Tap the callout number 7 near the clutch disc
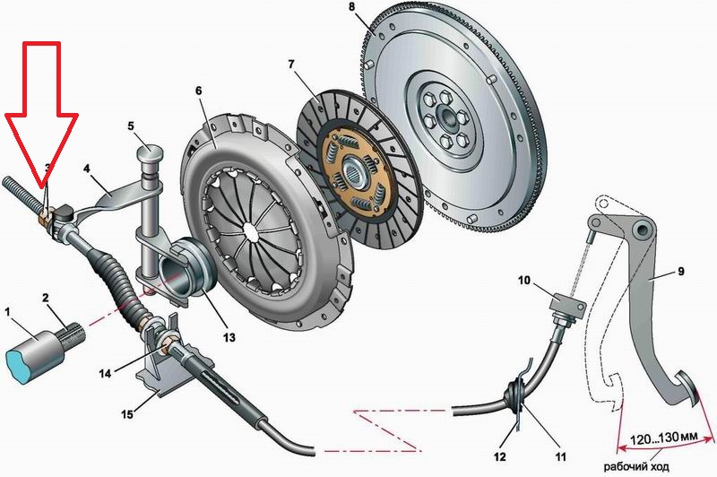[x=290, y=65]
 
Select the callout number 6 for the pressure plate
[x=198, y=91]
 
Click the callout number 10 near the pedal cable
[x=525, y=280]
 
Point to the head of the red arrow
[x=43, y=187]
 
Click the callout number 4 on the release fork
[x=87, y=168]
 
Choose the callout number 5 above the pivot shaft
[x=131, y=126]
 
